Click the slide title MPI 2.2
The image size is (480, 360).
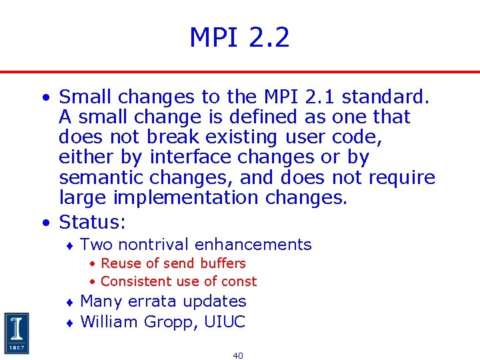[239, 37]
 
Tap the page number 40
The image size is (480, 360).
[238, 355]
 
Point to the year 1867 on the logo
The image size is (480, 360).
[17, 348]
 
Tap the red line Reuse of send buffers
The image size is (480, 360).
[173, 263]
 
